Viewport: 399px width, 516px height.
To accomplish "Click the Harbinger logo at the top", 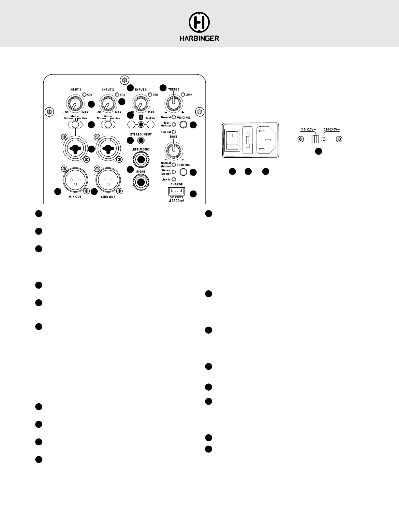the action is (x=199, y=27).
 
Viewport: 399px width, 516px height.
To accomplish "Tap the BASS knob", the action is (x=174, y=150).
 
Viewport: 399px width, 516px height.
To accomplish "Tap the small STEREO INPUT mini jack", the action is (x=141, y=141).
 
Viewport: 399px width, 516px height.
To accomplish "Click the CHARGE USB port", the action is (x=176, y=190).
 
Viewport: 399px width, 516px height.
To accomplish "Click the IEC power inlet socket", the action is (x=266, y=140).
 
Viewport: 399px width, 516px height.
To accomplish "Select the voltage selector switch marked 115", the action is (x=319, y=139).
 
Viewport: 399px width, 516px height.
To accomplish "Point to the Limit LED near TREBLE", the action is (x=183, y=95).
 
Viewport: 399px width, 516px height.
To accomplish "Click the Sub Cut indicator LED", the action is (x=174, y=132).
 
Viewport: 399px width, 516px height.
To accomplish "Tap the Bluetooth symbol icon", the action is (x=141, y=118).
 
